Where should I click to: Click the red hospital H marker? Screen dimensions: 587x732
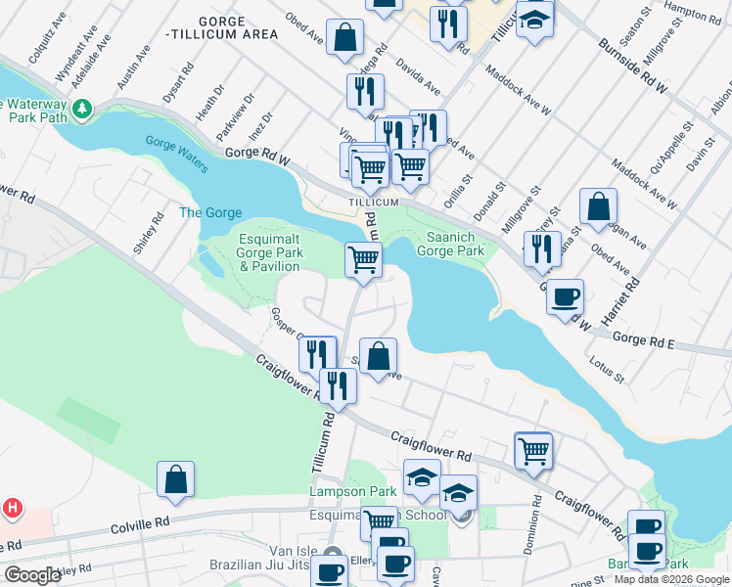(12, 508)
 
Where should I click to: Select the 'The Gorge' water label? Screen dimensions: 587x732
(204, 212)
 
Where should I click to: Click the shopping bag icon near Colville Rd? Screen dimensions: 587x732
(176, 479)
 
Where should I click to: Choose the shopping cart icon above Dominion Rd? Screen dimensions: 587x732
(533, 450)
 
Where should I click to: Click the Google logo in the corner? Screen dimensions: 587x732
(32, 575)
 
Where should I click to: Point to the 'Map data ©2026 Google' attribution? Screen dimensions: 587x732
(670, 579)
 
